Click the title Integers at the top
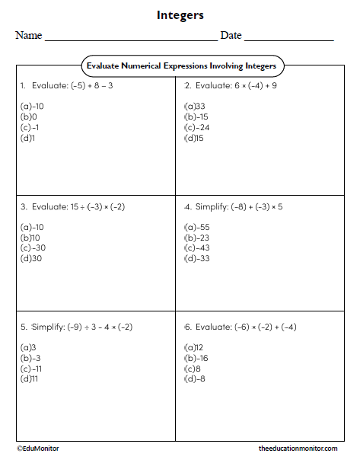point(180,14)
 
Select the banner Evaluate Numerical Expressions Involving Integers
point(180,66)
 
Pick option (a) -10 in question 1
point(32,106)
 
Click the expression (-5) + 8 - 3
point(83,85)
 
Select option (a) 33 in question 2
point(195,106)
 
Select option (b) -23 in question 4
point(196,237)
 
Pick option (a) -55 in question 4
point(196,226)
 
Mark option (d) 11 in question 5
point(30,378)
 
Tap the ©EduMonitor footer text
point(38,449)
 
